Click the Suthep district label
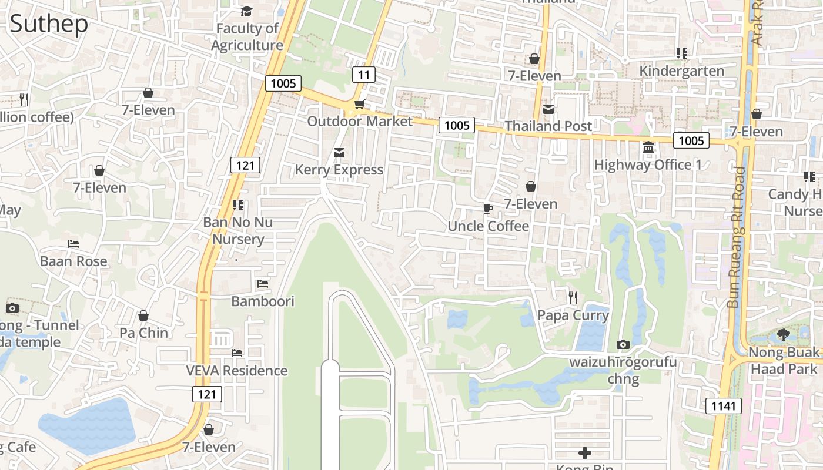click(49, 23)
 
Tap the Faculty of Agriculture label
click(247, 36)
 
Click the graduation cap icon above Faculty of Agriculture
click(246, 11)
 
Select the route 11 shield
click(364, 75)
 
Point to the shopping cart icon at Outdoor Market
click(359, 105)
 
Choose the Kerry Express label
click(339, 170)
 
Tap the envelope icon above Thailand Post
click(548, 109)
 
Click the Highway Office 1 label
click(648, 164)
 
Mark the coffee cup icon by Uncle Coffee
click(487, 209)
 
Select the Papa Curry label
click(573, 315)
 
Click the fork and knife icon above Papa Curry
click(573, 297)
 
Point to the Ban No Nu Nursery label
click(238, 231)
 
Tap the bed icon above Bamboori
click(263, 284)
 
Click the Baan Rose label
click(73, 261)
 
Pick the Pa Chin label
click(143, 333)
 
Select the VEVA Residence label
click(237, 371)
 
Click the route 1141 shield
click(724, 405)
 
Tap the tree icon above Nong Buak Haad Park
click(783, 335)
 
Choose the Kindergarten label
click(681, 71)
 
